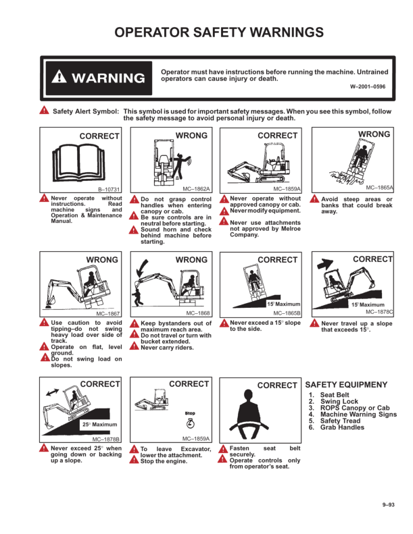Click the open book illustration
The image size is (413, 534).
click(79, 163)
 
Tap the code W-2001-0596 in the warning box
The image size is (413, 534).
click(368, 86)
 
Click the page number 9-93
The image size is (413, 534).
click(388, 505)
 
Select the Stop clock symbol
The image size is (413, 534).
click(191, 423)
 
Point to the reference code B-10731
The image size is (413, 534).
click(109, 189)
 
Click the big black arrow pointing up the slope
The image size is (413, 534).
click(325, 263)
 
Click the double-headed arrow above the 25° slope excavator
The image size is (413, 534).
click(52, 392)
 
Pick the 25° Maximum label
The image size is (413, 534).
click(99, 425)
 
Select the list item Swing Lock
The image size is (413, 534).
click(339, 401)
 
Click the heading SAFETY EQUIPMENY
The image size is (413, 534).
click(346, 385)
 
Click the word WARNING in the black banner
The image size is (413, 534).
click(108, 78)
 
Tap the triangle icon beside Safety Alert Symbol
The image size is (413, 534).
click(44, 110)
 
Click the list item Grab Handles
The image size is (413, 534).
click(342, 427)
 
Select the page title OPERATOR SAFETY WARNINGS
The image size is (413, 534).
click(219, 32)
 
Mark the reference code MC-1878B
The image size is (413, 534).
click(105, 439)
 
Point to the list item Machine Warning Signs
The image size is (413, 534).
click(358, 414)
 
